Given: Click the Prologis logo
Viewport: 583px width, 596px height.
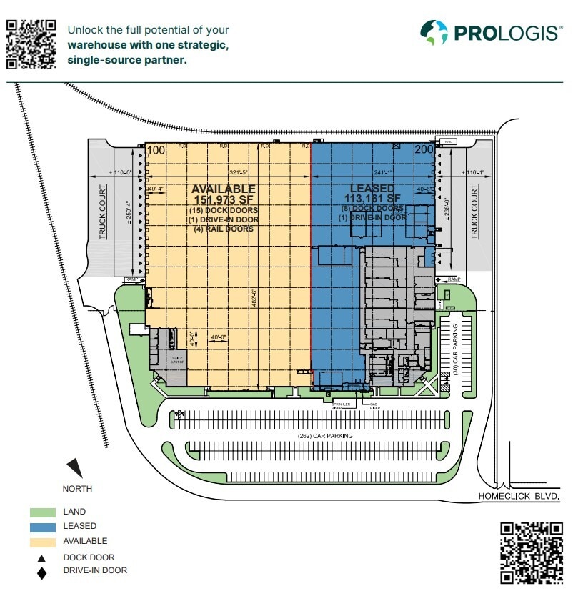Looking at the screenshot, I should click(x=491, y=32).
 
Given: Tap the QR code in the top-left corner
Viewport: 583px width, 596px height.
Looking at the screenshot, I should click(x=31, y=44).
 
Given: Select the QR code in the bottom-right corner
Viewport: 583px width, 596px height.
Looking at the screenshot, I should click(x=532, y=552).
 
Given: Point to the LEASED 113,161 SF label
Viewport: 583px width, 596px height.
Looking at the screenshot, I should click(x=372, y=194).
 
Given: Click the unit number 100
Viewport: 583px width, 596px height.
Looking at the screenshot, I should click(x=156, y=150).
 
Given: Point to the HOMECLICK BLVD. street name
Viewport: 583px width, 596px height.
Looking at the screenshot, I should click(x=518, y=495).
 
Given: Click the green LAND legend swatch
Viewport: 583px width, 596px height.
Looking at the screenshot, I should click(x=42, y=512).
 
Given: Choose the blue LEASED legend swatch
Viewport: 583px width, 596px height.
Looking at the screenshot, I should click(x=42, y=526).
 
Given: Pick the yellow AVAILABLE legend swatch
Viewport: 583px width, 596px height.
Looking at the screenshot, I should click(x=42, y=541).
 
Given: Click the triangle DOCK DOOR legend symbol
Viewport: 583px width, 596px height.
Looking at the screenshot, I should click(x=42, y=557).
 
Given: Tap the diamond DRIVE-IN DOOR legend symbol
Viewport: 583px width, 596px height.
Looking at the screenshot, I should click(x=42, y=572).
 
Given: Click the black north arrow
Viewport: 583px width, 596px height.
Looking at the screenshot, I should click(x=75, y=468).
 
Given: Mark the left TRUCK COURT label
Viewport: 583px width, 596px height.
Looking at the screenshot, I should click(x=103, y=211).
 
